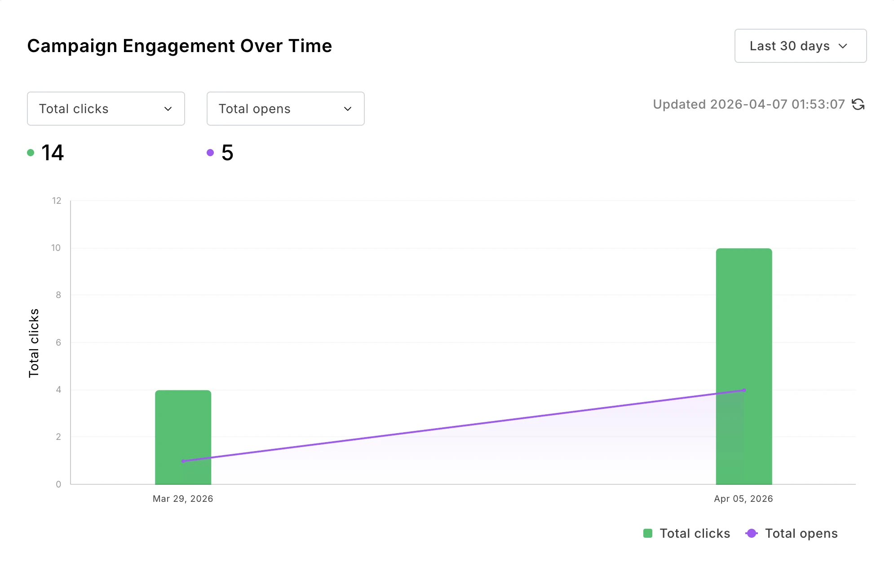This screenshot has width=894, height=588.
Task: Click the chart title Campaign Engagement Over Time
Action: click(179, 46)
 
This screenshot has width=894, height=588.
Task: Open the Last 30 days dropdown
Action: click(800, 46)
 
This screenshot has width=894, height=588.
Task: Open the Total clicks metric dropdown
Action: click(106, 109)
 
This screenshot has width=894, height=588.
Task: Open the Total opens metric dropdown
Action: click(285, 109)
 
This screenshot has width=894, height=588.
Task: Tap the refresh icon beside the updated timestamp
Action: click(858, 105)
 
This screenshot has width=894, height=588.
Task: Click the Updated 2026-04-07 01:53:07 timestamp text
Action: click(748, 105)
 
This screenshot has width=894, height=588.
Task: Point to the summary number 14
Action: click(53, 153)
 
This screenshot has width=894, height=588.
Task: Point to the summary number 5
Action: click(227, 153)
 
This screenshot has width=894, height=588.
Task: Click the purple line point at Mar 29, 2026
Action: click(183, 461)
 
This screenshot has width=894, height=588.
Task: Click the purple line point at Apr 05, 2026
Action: click(744, 390)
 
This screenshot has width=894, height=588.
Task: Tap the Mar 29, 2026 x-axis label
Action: click(183, 499)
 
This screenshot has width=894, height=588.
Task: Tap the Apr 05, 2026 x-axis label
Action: click(744, 499)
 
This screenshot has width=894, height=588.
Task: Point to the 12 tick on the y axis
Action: click(57, 201)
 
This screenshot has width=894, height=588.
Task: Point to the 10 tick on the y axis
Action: click(56, 248)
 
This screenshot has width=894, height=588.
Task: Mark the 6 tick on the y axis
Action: click(58, 342)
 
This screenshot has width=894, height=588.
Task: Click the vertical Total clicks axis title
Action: click(34, 343)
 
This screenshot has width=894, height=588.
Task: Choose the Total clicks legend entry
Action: click(687, 533)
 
